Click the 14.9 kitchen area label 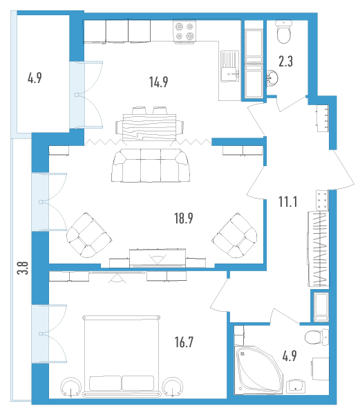(x=159, y=82)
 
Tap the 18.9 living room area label (x=183, y=219)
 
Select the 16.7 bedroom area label (x=184, y=342)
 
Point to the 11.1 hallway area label (x=288, y=202)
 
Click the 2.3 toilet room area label (x=286, y=61)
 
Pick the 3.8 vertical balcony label (x=23, y=268)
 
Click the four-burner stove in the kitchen (x=184, y=31)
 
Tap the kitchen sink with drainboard (x=229, y=66)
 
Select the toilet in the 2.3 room (x=284, y=32)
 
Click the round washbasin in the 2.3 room (x=272, y=78)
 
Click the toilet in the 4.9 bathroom (x=316, y=337)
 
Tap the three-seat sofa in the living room (x=151, y=165)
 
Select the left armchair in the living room (x=89, y=235)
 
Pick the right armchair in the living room (x=234, y=235)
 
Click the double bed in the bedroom (x=122, y=356)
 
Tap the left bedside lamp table (x=70, y=387)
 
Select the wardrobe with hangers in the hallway (x=319, y=249)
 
